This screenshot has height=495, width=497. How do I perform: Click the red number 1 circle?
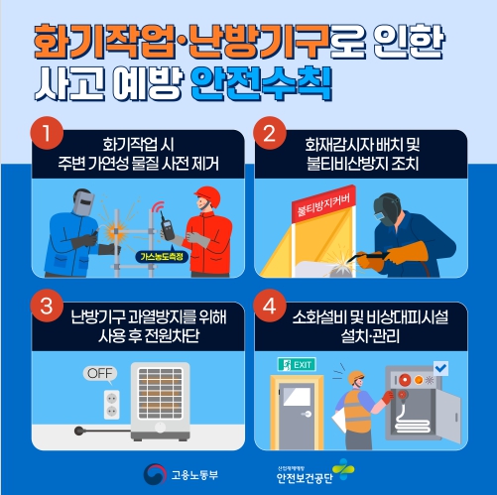[47, 133]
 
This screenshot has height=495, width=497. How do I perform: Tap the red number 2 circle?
[270, 133]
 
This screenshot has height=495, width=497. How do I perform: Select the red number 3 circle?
[47, 306]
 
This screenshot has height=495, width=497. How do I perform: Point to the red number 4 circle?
[270, 306]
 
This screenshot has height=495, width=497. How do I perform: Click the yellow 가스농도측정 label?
[162, 257]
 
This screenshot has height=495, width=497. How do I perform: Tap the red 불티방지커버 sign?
[324, 203]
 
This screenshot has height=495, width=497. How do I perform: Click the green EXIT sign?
[297, 364]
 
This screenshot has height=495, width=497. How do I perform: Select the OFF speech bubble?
[100, 374]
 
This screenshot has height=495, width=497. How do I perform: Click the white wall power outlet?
[112, 405]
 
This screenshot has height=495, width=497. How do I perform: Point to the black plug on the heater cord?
[79, 431]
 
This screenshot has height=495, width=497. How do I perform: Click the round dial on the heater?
[161, 428]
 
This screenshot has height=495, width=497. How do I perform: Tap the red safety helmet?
[208, 195]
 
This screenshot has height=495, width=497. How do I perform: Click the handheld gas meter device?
[168, 227]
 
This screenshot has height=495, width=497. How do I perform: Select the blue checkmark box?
[440, 368]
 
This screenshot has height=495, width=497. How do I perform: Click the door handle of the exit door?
[307, 414]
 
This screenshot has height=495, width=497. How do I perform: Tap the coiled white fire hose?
[412, 420]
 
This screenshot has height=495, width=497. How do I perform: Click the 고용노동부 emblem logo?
[155, 475]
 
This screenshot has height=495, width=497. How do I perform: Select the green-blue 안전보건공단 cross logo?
[343, 469]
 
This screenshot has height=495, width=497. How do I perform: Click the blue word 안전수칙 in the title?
[262, 84]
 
